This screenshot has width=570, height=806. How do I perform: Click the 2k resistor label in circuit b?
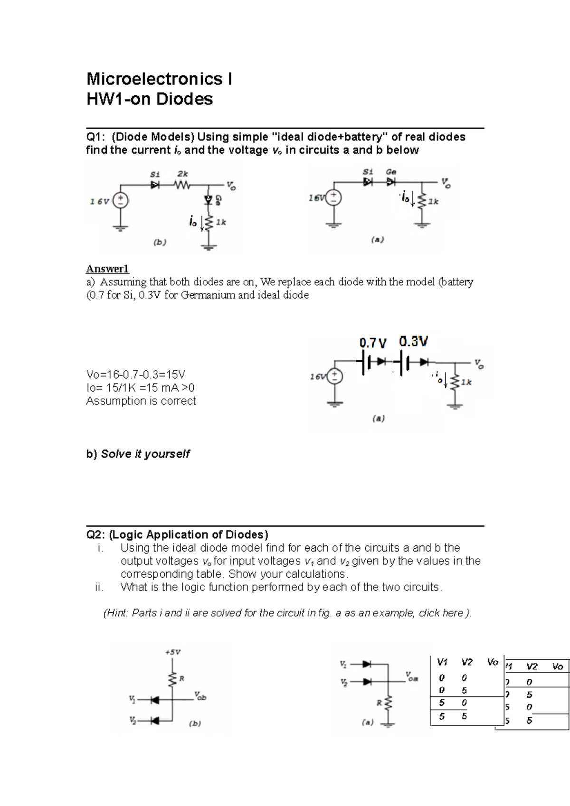click(182, 174)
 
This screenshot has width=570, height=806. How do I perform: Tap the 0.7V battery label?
click(373, 343)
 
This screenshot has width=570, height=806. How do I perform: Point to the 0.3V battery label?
click(413, 341)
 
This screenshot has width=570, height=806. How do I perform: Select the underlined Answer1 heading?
click(107, 269)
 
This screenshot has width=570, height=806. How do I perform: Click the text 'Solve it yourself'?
click(145, 454)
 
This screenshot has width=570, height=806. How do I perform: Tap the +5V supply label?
click(173, 652)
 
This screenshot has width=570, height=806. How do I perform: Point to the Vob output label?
click(200, 697)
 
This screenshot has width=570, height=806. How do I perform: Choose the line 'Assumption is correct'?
click(141, 401)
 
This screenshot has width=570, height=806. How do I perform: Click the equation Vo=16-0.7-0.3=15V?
click(136, 374)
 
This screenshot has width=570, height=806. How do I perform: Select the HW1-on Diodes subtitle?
click(149, 99)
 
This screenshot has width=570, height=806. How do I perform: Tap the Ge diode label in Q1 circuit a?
click(391, 172)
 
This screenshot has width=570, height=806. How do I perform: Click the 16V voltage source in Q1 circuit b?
click(121, 200)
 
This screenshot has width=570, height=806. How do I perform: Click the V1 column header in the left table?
click(442, 662)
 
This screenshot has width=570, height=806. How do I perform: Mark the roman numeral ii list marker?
click(99, 587)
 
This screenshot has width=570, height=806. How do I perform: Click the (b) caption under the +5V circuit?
click(195, 723)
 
